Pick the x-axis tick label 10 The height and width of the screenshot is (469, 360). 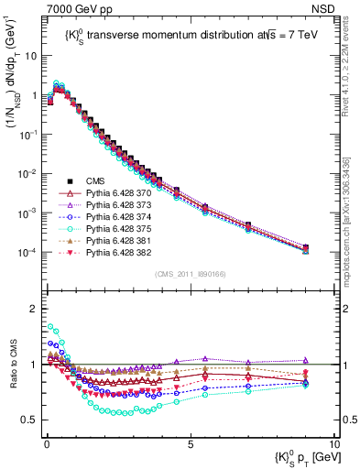(333, 444)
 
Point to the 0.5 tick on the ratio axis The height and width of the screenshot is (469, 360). (30, 420)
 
